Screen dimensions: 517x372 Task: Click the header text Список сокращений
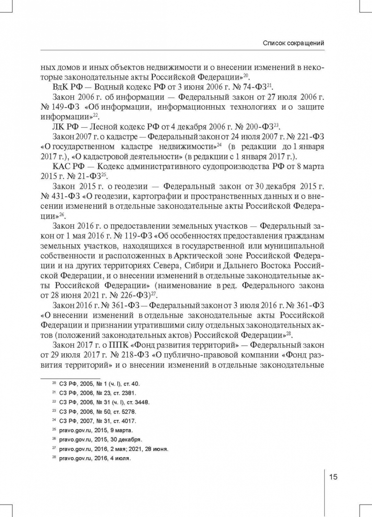point(293,43)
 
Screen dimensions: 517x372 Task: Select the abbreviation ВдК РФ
point(67,86)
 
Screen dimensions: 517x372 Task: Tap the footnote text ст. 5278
point(115,411)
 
